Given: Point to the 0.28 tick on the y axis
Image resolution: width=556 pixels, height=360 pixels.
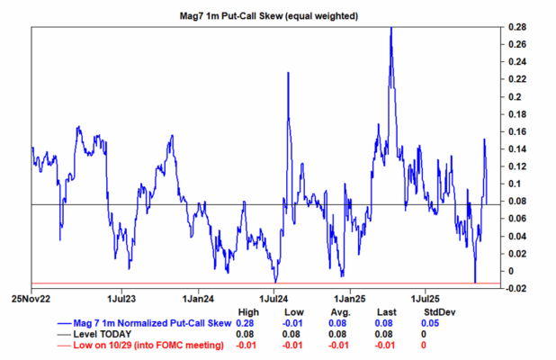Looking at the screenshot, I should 515,27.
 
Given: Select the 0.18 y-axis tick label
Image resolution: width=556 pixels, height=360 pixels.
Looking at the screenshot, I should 515,114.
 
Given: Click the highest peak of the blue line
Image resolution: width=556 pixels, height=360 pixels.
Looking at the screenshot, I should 390,28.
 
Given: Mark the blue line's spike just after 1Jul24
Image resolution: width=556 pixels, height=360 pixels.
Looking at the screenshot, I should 288,72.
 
